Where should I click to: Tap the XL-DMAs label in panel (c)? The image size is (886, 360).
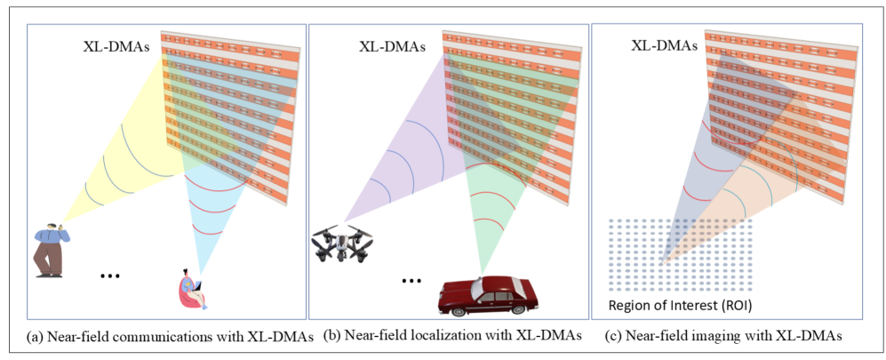click(x=664, y=44)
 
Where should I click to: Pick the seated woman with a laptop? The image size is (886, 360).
click(x=193, y=288)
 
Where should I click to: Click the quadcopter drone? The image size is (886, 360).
click(x=342, y=244)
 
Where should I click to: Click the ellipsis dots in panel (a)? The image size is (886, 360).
click(x=109, y=276)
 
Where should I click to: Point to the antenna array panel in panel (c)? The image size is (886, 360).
click(x=782, y=116)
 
